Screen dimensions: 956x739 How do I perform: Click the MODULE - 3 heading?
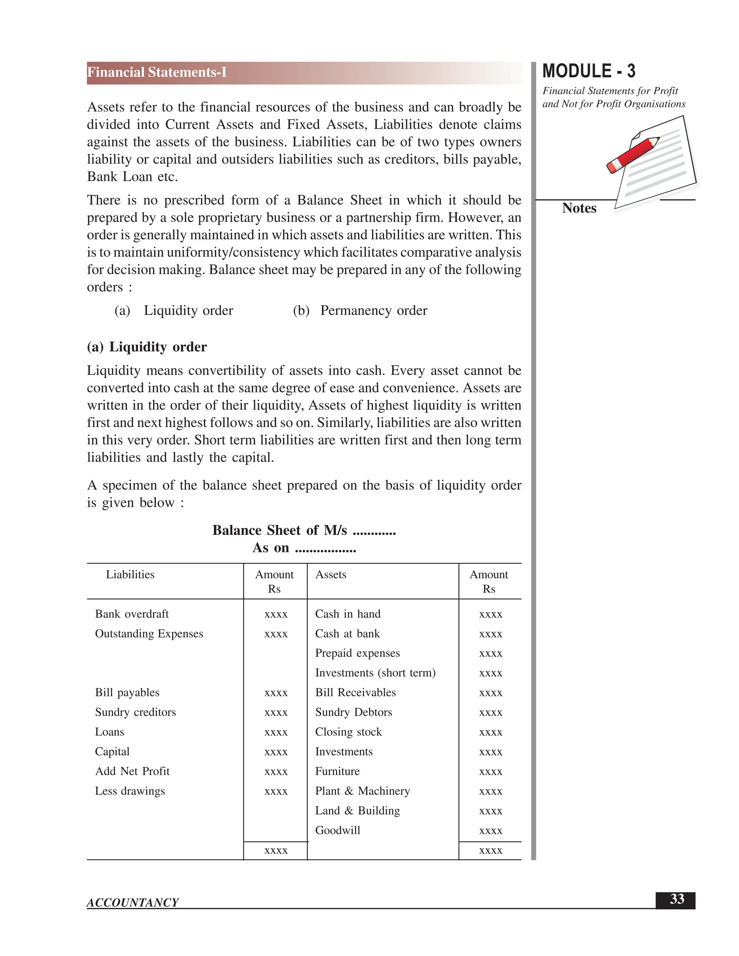click(x=589, y=71)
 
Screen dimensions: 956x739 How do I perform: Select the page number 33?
click(x=677, y=899)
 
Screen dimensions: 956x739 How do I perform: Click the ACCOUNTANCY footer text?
click(x=133, y=903)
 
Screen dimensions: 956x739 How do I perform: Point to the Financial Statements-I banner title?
click(x=157, y=72)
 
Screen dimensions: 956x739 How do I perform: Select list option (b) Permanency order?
click(x=360, y=310)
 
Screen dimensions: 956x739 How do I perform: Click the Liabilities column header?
click(x=130, y=574)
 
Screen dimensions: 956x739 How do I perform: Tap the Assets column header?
click(x=331, y=574)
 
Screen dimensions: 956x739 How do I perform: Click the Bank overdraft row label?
click(x=131, y=614)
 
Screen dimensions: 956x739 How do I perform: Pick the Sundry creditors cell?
click(x=135, y=712)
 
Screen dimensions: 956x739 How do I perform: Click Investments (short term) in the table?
click(x=375, y=673)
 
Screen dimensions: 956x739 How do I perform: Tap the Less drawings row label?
click(x=130, y=791)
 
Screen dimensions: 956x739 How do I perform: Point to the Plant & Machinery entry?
click(x=363, y=791)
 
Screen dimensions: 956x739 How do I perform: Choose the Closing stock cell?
click(x=349, y=732)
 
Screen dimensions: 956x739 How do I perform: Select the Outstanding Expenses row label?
click(x=149, y=633)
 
